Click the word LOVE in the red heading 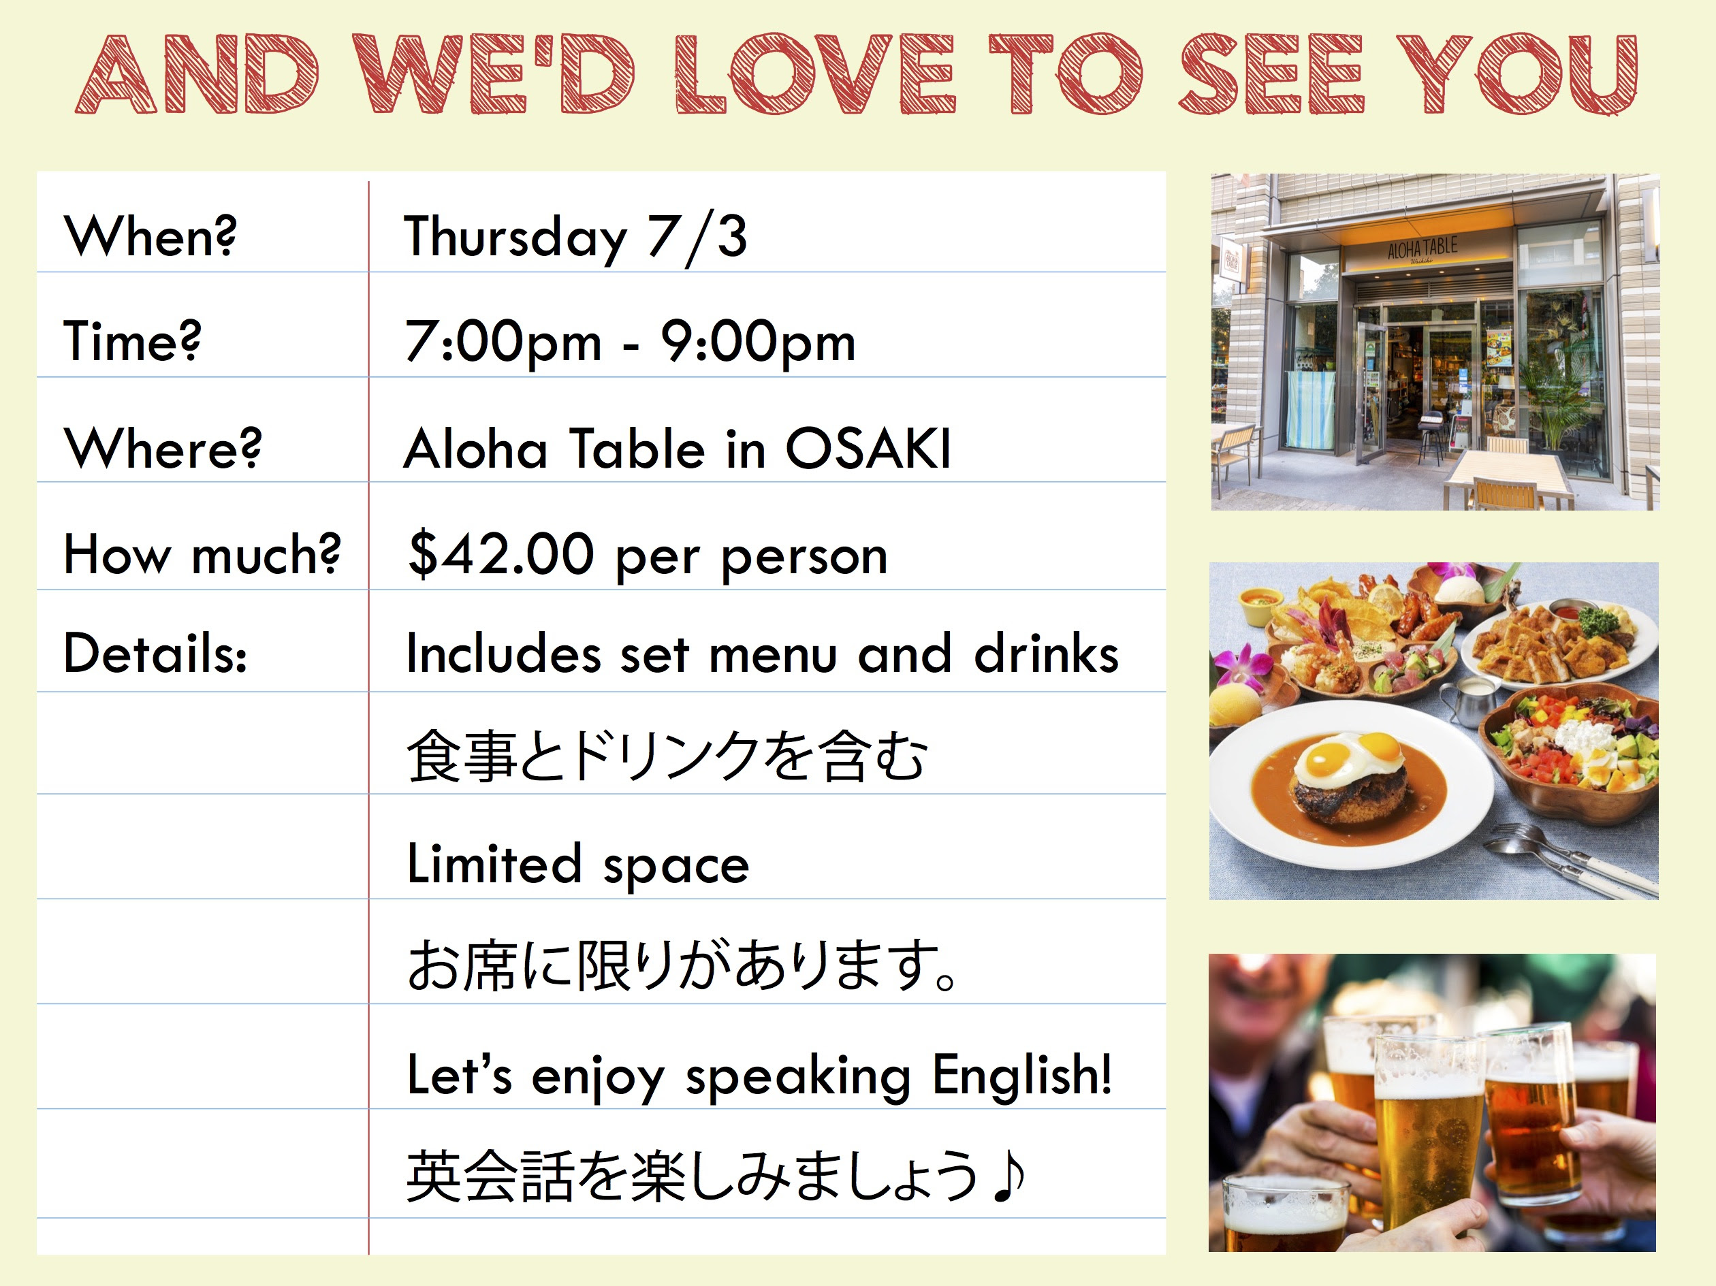[x=814, y=74]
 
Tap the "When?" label [x=150, y=236]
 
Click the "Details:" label [x=156, y=653]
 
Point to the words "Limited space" [x=578, y=864]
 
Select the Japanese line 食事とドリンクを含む [x=667, y=756]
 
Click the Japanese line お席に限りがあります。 [x=683, y=965]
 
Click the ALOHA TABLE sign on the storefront [x=1423, y=248]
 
